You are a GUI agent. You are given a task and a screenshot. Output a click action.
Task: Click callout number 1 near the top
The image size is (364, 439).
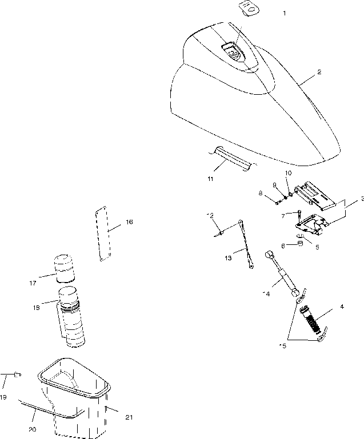pyautogui.click(x=285, y=13)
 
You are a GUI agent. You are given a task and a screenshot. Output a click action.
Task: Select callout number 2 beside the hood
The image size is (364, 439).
pyautogui.click(x=319, y=73)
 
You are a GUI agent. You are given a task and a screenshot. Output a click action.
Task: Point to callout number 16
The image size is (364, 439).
pyautogui.click(x=129, y=222)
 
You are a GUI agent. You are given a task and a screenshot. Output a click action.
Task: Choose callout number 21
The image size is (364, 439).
pyautogui.click(x=129, y=417)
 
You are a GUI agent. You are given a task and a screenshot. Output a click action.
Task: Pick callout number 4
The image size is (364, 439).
pyautogui.click(x=342, y=307)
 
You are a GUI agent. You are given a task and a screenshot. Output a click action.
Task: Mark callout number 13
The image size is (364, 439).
pyautogui.click(x=229, y=258)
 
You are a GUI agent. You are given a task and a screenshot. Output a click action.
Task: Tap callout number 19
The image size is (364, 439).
pyautogui.click(x=3, y=397)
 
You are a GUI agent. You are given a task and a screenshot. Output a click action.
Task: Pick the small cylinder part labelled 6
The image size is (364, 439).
pyautogui.click(x=298, y=245)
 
